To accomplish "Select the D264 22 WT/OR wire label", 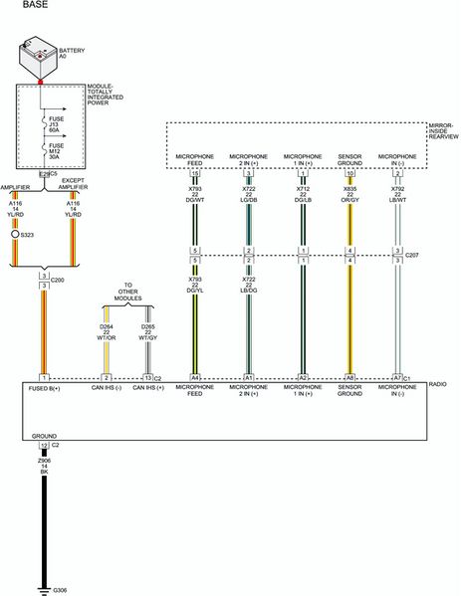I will (x=108, y=331).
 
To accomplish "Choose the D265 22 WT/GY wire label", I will (x=147, y=331).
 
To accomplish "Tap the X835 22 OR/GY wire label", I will (x=349, y=192).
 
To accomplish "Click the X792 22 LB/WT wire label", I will (x=397, y=192).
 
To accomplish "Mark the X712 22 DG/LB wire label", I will (x=302, y=192).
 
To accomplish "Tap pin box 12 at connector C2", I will (x=44, y=445).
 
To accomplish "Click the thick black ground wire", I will (x=45, y=527).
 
